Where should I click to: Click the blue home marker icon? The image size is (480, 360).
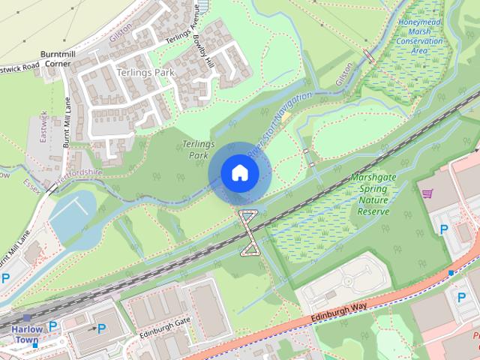[239, 173]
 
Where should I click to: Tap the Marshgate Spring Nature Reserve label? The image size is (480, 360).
[373, 195]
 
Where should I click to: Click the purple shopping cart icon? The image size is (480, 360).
[427, 194]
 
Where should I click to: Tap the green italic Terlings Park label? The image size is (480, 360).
[197, 149]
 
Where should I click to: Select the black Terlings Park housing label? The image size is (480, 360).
[145, 73]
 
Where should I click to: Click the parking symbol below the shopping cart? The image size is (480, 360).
[443, 229]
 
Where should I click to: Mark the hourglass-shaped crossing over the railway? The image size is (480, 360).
[248, 232]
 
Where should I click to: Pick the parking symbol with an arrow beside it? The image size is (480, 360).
[100, 328]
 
